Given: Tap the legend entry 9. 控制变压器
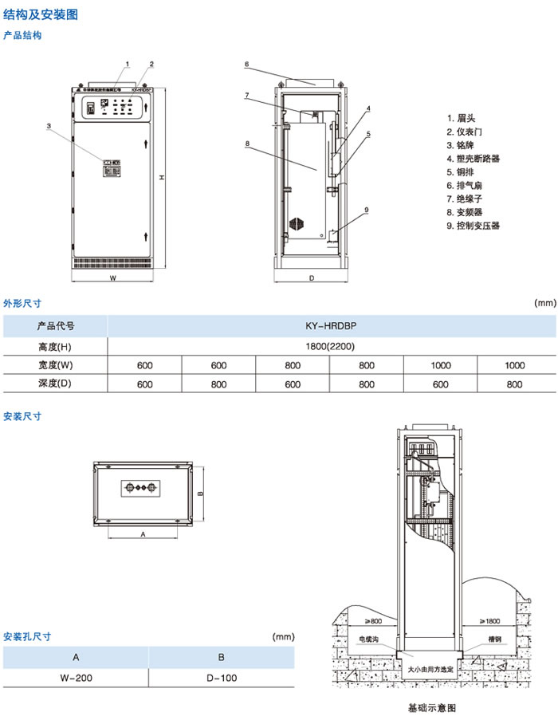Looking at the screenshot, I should (x=474, y=226).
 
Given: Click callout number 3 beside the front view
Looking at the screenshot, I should (x=49, y=126).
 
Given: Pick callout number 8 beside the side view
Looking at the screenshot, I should (x=248, y=144).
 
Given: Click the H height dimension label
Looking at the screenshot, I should (x=160, y=177).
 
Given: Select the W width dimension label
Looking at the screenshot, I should (x=112, y=279).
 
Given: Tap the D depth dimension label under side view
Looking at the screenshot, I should (x=312, y=278).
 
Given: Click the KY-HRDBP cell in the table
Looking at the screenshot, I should (x=332, y=326).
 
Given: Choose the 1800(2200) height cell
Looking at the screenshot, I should (x=332, y=346).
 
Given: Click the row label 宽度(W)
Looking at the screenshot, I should (x=55, y=365).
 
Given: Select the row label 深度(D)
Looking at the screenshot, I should (x=55, y=384).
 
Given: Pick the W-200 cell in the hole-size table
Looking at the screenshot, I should (x=76, y=678).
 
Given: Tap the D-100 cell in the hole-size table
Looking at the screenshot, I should (x=222, y=678).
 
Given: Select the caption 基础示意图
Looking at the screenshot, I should (x=431, y=707).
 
